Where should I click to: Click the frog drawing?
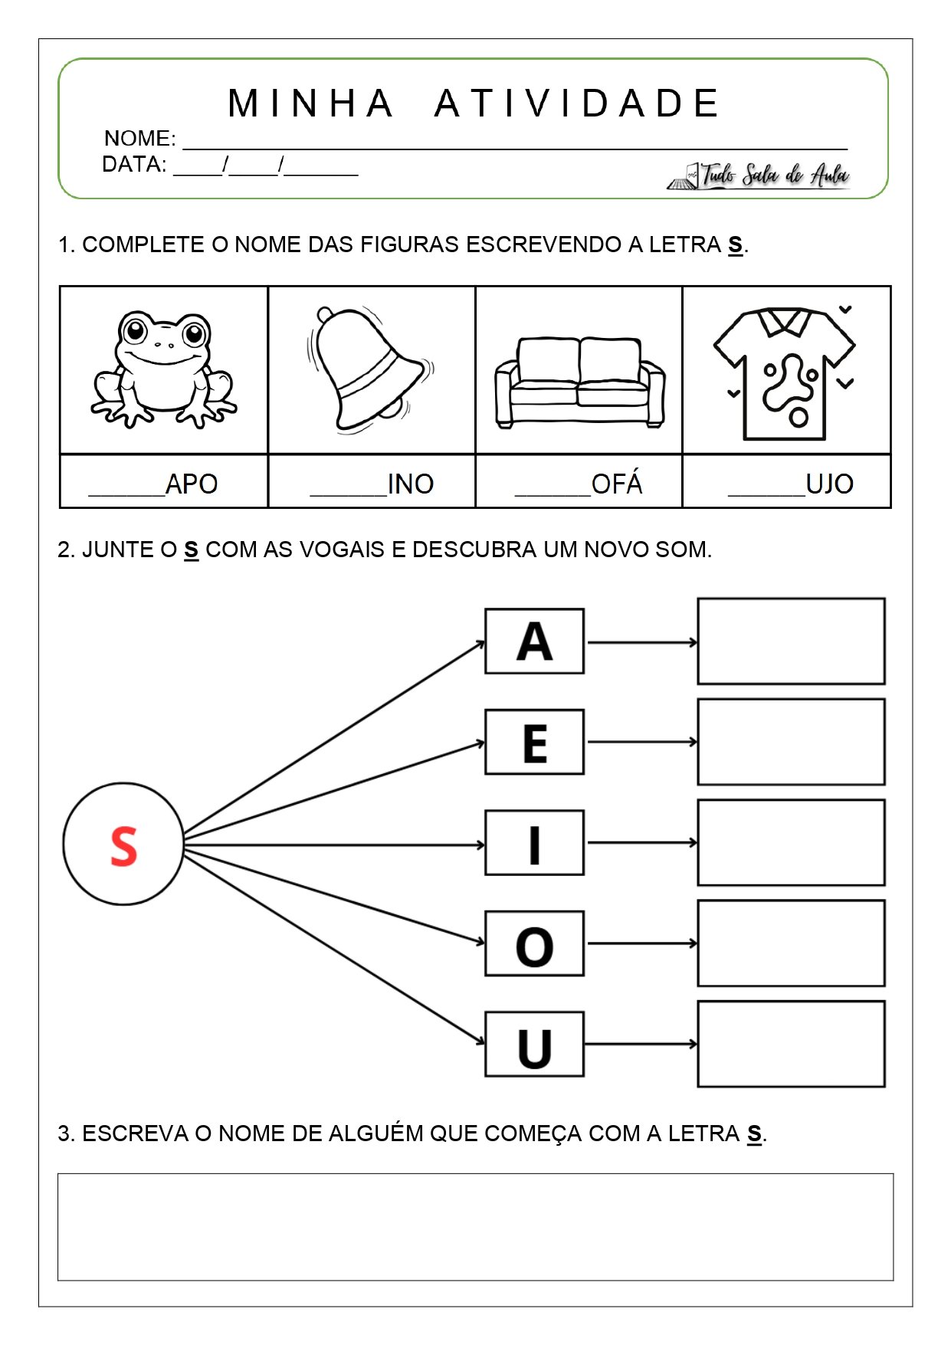coord(164,369)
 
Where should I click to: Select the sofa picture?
coord(579,381)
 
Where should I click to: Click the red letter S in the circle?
coord(123,845)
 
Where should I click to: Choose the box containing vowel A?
coord(534,641)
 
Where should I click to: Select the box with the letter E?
coord(534,742)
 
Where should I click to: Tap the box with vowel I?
coord(534,843)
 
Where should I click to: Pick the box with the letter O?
coord(534,944)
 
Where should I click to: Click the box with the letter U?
coord(534,1045)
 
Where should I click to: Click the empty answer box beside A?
coord(791,641)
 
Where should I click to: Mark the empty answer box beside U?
coord(791,1044)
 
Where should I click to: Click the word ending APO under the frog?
coord(191,484)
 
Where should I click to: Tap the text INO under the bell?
coord(410,484)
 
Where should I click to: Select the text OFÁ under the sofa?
coord(616,484)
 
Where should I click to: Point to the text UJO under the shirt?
coord(829,484)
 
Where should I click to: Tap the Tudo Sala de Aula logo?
coord(759,176)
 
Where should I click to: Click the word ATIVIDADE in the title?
coord(576,104)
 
